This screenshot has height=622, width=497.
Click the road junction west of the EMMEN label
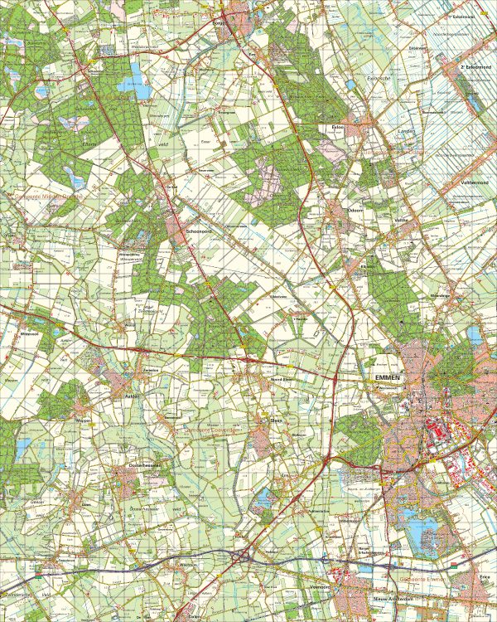click(333, 378)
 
